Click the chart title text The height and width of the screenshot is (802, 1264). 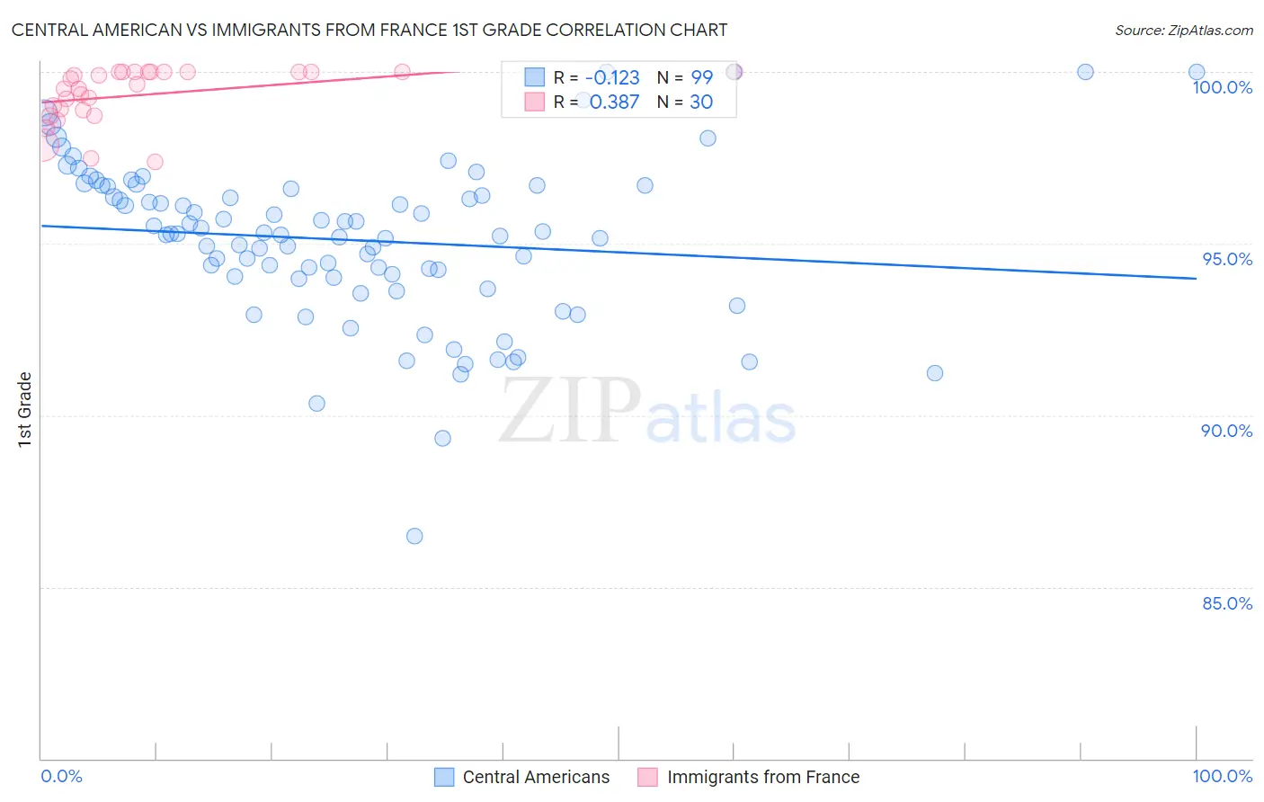[369, 30]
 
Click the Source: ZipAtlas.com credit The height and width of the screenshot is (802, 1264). [1183, 30]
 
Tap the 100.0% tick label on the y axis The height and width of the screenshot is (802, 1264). [1222, 87]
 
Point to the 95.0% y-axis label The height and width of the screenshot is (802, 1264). [1227, 259]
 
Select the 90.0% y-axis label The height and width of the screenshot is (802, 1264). [1226, 431]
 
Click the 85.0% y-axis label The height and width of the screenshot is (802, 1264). [1227, 603]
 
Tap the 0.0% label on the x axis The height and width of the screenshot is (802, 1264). [61, 776]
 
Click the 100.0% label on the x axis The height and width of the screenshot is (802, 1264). [1222, 776]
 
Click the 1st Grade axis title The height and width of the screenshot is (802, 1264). [25, 409]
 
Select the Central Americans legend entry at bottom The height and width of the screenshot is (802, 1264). [535, 777]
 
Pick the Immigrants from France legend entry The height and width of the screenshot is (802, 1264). [762, 777]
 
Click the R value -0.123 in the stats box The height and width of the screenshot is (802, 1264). [612, 77]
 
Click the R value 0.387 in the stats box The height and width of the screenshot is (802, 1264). [614, 102]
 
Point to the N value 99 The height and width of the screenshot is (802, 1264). [701, 77]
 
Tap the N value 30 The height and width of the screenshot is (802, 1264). [701, 102]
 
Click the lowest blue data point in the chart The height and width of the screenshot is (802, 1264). [414, 536]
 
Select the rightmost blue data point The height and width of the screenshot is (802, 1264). [1197, 72]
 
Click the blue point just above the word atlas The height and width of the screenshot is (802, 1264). [749, 361]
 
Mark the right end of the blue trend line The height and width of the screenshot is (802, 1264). [1196, 279]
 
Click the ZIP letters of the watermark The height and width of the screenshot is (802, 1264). [569, 411]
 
